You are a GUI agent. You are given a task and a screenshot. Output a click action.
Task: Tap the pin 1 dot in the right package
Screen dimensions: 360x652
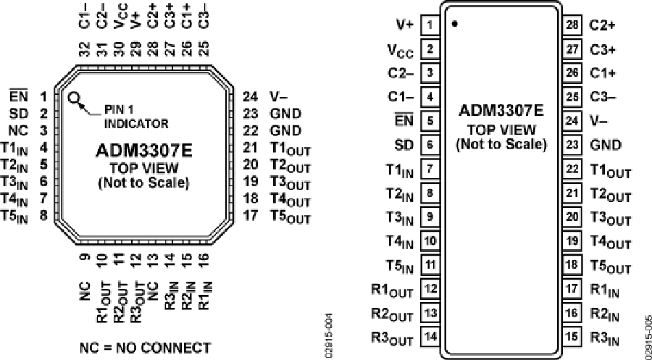click(x=454, y=24)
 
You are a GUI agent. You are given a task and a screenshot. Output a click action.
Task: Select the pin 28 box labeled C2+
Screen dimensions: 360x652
click(x=573, y=25)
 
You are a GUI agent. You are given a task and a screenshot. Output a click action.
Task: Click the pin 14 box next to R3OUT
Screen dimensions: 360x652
click(x=430, y=336)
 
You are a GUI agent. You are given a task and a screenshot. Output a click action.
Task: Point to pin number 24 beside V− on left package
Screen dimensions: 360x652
click(x=251, y=96)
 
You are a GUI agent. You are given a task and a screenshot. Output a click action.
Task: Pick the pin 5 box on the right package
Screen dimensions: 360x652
click(x=430, y=120)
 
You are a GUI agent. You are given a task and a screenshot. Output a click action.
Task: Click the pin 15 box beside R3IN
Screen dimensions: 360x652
click(x=573, y=336)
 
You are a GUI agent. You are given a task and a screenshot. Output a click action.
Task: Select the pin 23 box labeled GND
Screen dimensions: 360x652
click(x=573, y=144)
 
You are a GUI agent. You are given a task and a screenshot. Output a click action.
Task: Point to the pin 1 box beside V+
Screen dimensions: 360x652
click(x=430, y=25)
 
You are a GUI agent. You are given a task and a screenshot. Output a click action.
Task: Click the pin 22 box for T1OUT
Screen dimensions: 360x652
click(x=573, y=168)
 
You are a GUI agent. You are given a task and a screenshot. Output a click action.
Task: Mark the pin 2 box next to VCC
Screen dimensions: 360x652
click(x=430, y=49)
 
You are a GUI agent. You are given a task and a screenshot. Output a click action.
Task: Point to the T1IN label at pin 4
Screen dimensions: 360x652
click(x=15, y=148)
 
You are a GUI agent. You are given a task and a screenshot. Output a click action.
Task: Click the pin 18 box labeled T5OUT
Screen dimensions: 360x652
click(x=573, y=264)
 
